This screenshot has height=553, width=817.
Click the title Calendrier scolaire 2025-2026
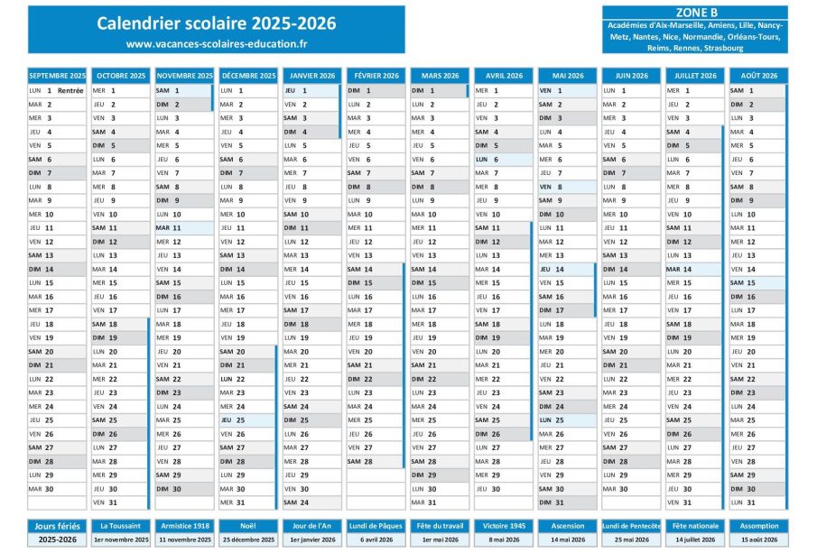click(x=216, y=23)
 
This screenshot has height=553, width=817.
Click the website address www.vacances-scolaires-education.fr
click(x=216, y=43)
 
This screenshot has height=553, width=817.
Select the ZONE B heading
click(x=695, y=13)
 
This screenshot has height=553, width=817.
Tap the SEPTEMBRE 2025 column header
click(x=57, y=76)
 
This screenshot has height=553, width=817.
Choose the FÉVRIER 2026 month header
click(x=376, y=76)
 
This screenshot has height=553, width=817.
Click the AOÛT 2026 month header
click(x=758, y=76)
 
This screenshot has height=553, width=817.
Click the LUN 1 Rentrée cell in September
click(x=57, y=90)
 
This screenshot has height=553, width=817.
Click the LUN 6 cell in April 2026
click(x=503, y=159)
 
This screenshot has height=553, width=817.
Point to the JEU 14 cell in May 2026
click(x=567, y=269)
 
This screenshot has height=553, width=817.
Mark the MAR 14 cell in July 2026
click(x=693, y=269)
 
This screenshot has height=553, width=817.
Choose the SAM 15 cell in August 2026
click(x=758, y=282)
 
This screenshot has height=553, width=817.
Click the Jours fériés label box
click(x=57, y=525)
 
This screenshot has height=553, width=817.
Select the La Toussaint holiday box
click(x=121, y=525)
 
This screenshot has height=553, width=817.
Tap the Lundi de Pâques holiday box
click(x=376, y=525)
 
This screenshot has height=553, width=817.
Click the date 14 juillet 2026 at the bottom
click(x=693, y=539)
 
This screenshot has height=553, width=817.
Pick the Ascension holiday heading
click(x=567, y=525)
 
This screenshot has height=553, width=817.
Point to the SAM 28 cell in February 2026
click(x=376, y=461)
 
